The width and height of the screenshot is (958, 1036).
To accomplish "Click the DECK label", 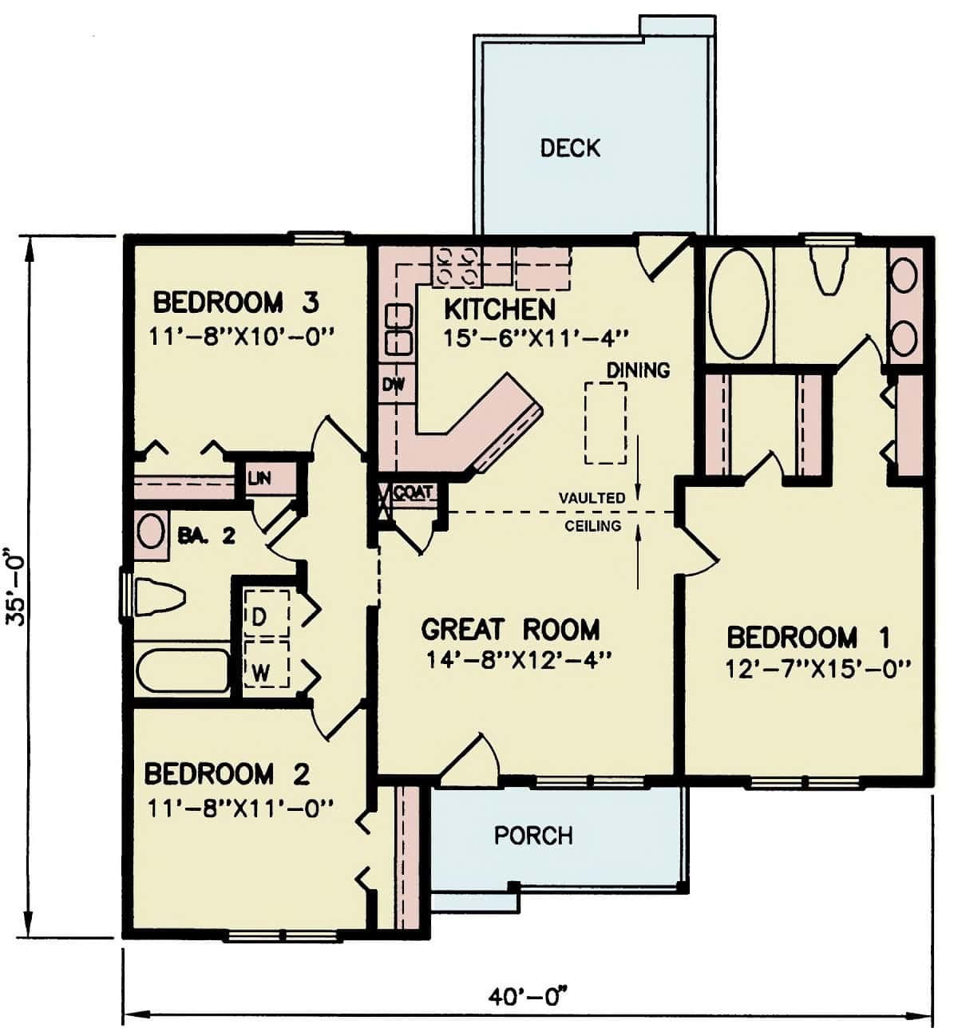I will pyautogui.click(x=570, y=148).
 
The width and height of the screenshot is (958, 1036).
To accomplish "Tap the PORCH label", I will pyautogui.click(x=533, y=836).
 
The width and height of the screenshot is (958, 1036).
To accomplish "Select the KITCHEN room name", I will pyautogui.click(x=499, y=309).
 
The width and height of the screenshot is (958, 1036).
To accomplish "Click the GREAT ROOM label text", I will pyautogui.click(x=510, y=629).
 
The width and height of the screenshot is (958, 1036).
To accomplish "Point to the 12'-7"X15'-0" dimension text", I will pyautogui.click(x=818, y=669).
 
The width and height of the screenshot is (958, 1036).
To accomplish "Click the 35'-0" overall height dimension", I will pyautogui.click(x=18, y=587).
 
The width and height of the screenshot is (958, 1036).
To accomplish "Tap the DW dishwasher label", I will pyautogui.click(x=393, y=385).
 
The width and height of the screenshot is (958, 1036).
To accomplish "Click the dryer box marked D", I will pyautogui.click(x=265, y=615).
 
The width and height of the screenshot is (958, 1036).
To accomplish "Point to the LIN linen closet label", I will pyautogui.click(x=259, y=479).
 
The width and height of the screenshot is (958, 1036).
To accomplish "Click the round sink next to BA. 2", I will pyautogui.click(x=148, y=532).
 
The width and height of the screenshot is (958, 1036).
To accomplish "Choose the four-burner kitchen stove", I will pyautogui.click(x=455, y=266).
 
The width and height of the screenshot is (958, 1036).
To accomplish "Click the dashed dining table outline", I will pyautogui.click(x=605, y=422).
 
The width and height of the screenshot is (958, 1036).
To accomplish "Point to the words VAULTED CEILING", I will pyautogui.click(x=592, y=512).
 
